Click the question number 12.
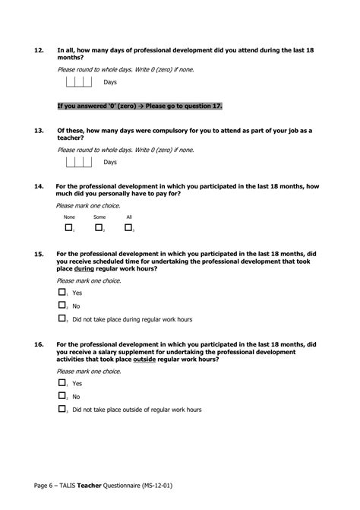click(38, 50)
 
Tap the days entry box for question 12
click(78, 81)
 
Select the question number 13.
click(38, 131)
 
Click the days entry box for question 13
click(78, 162)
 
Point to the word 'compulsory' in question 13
click(176, 131)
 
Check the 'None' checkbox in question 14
click(68, 227)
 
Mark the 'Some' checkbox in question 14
click(99, 227)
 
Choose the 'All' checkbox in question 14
click(128, 227)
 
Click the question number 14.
click(38, 186)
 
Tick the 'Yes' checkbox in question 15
click(62, 292)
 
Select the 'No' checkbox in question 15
click(62, 306)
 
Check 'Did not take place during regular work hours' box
click(62, 319)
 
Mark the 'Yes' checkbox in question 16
click(62, 383)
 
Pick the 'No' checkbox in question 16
click(62, 396)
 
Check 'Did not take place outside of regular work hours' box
click(62, 410)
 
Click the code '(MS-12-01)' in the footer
click(164, 484)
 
